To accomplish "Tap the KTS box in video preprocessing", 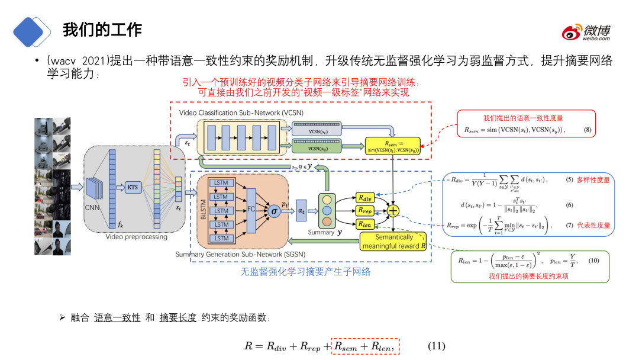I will pyautogui.click(x=133, y=187).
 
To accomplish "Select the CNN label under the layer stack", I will pyautogui.click(x=92, y=208).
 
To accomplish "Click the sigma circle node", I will pyautogui.click(x=273, y=211).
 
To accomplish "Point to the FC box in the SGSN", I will pyautogui.click(x=251, y=210).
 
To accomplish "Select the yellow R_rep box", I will pyautogui.click(x=365, y=210).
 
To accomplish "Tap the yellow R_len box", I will pyautogui.click(x=365, y=223).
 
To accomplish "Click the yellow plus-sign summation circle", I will pyautogui.click(x=393, y=210).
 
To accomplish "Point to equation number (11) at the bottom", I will pyautogui.click(x=436, y=346).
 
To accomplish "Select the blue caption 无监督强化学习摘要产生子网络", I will pyautogui.click(x=305, y=272).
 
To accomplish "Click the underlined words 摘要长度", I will pyautogui.click(x=177, y=318).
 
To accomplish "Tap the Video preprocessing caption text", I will pyautogui.click(x=136, y=237).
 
